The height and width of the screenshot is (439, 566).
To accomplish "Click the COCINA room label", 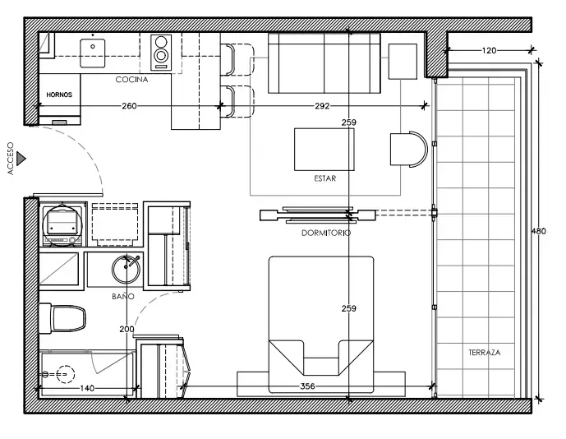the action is (x=131, y=80).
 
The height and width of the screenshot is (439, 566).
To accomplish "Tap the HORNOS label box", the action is (x=60, y=95).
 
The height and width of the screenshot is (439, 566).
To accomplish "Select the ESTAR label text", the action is (x=324, y=178).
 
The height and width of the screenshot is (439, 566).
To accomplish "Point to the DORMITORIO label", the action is (x=326, y=233).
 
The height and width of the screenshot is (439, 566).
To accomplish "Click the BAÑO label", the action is (x=123, y=296).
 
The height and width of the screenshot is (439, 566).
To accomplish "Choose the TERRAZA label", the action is (x=485, y=353).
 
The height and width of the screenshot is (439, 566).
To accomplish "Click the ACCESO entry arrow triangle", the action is (x=21, y=159).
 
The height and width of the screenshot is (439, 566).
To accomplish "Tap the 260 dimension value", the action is (x=129, y=106).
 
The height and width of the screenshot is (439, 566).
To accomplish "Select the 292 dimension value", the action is (x=322, y=106).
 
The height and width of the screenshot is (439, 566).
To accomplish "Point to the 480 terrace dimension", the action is (x=539, y=231).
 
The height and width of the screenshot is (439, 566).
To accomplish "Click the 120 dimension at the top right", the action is (x=489, y=51).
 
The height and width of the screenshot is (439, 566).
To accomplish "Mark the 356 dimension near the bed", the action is (x=307, y=386).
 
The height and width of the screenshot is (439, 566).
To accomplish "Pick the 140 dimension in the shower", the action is (x=87, y=388).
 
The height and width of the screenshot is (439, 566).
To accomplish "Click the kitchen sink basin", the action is (x=93, y=53).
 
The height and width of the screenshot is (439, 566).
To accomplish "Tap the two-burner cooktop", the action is (x=161, y=53).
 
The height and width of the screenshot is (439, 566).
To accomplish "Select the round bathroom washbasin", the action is (x=126, y=269).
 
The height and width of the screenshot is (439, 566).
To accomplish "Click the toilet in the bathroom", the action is (x=62, y=318).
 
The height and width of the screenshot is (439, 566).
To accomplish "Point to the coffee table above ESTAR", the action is (x=324, y=150).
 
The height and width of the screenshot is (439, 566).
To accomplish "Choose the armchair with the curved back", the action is (x=408, y=149).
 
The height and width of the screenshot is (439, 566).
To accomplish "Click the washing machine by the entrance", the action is (x=62, y=224).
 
